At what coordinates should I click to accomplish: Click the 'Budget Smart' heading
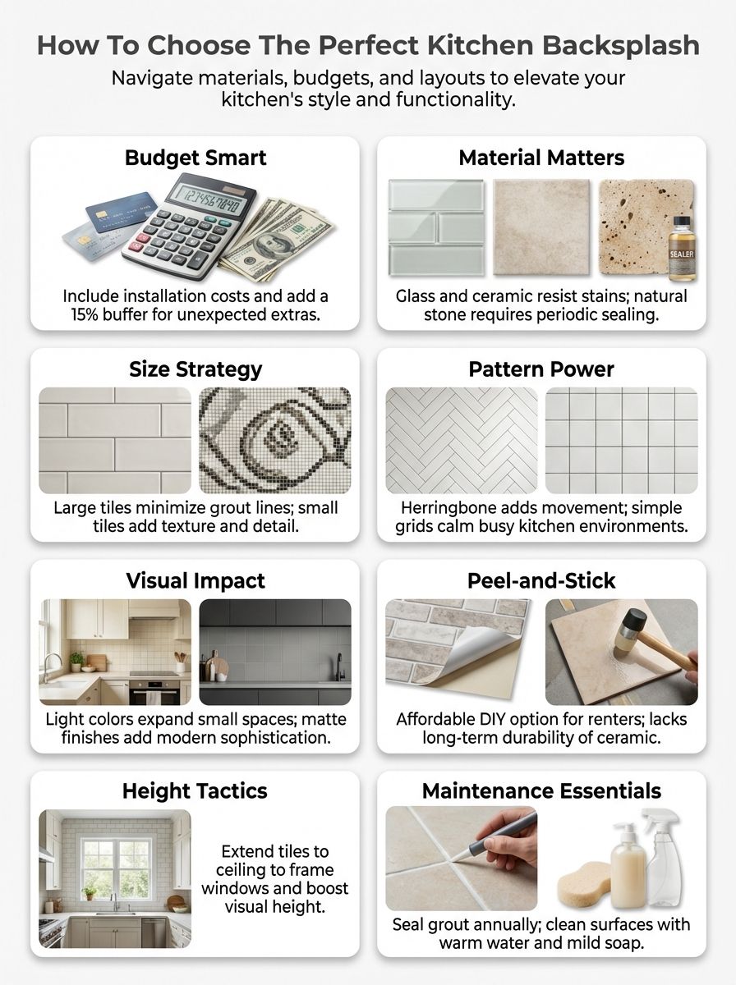[195, 158]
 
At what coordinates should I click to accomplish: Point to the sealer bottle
[681, 248]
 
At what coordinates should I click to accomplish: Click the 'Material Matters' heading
[541, 158]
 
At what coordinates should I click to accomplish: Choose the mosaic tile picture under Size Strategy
[274, 440]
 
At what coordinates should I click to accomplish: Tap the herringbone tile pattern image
[462, 440]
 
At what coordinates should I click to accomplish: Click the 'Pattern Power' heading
[541, 369]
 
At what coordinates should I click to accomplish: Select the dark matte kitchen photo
[274, 652]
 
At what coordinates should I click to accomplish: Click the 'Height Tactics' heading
[195, 791]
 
